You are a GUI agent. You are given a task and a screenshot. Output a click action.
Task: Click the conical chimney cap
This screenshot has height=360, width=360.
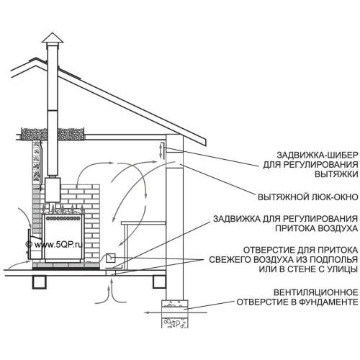click(x=53, y=38)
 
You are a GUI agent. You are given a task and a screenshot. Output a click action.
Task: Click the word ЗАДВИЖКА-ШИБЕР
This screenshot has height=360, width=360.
click(x=318, y=155)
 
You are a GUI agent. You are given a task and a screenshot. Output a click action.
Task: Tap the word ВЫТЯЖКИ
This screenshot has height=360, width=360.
click(x=336, y=174)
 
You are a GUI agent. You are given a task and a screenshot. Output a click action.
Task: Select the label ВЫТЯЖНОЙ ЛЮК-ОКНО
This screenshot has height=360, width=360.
click(x=308, y=197)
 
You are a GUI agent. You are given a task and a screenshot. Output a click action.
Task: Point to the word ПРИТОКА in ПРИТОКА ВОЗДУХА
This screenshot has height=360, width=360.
click(x=295, y=228)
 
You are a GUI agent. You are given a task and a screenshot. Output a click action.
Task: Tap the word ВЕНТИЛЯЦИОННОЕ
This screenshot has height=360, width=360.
click(x=316, y=292)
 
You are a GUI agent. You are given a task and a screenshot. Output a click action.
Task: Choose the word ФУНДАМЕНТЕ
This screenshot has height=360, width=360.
click(x=328, y=302)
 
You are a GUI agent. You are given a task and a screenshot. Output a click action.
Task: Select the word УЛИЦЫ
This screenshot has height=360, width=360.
click(x=343, y=269)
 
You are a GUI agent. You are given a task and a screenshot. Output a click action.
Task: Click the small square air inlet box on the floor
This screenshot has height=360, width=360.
click(x=111, y=258)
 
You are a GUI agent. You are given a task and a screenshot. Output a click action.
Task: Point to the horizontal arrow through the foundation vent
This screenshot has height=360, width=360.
click(x=176, y=312)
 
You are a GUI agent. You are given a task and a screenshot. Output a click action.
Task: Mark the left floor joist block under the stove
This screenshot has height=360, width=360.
click(x=39, y=282)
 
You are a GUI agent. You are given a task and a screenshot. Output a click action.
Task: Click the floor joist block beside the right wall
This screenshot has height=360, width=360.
click(x=159, y=282)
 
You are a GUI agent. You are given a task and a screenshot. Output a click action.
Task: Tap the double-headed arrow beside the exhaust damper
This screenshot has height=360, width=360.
click(x=161, y=150)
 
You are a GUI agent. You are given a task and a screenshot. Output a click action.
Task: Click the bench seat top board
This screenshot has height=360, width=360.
click(x=143, y=223)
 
